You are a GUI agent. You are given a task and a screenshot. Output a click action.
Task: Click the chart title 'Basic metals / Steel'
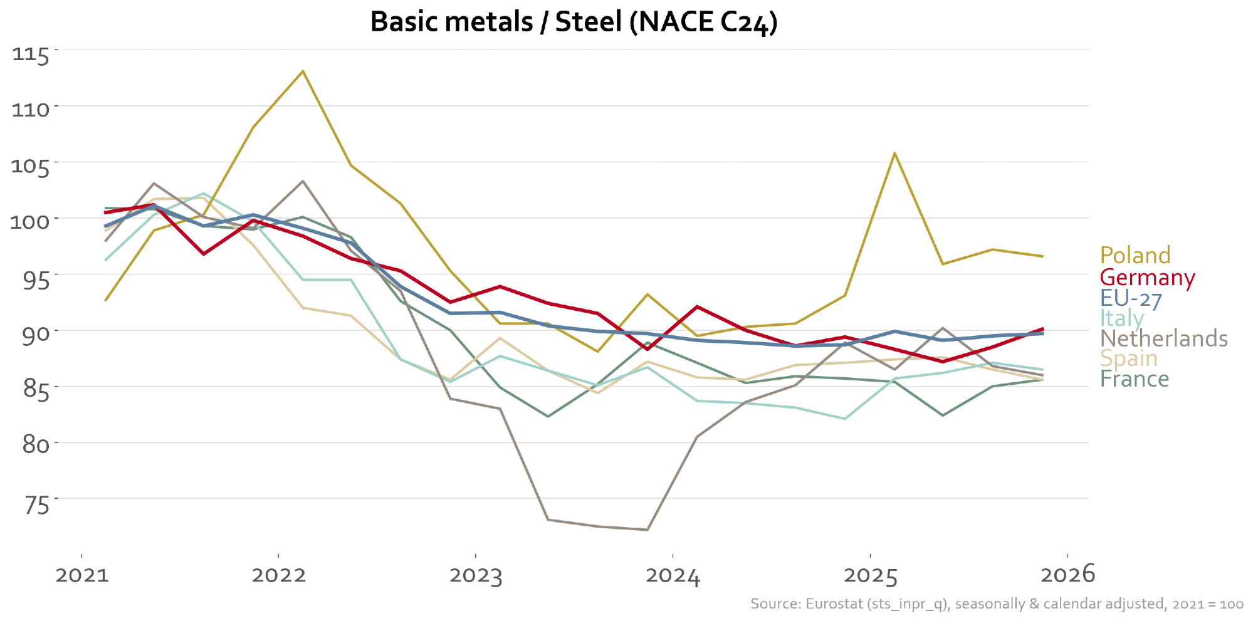coord(574,23)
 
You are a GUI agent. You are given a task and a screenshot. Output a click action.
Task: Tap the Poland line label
coord(1135,256)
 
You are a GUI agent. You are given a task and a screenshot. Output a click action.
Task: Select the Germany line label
coord(1147,277)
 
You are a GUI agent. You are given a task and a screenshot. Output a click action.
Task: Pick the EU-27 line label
coord(1131,298)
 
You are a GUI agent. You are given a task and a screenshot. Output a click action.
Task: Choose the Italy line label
coord(1121,318)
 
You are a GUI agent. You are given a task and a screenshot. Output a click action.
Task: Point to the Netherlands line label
coord(1163,338)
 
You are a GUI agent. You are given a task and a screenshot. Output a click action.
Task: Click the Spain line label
coord(1128,358)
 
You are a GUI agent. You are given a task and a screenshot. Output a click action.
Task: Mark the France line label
coord(1135,379)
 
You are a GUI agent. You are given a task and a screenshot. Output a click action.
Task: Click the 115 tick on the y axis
coord(31,54)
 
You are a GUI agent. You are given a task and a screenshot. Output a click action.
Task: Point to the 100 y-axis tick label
coord(29,222)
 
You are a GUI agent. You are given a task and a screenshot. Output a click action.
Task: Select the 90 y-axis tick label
coord(36,334)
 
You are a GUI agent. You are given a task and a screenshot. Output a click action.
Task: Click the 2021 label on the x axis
coord(81,575)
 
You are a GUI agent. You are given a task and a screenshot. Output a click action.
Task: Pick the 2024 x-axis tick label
coord(673,575)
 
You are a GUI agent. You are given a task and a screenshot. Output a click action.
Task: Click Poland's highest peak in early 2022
coord(303,71)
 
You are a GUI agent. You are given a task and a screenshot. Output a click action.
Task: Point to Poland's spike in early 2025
coord(894,153)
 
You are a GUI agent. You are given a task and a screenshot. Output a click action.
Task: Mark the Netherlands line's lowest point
coord(647,530)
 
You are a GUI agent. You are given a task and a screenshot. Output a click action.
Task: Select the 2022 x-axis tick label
coord(278,575)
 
